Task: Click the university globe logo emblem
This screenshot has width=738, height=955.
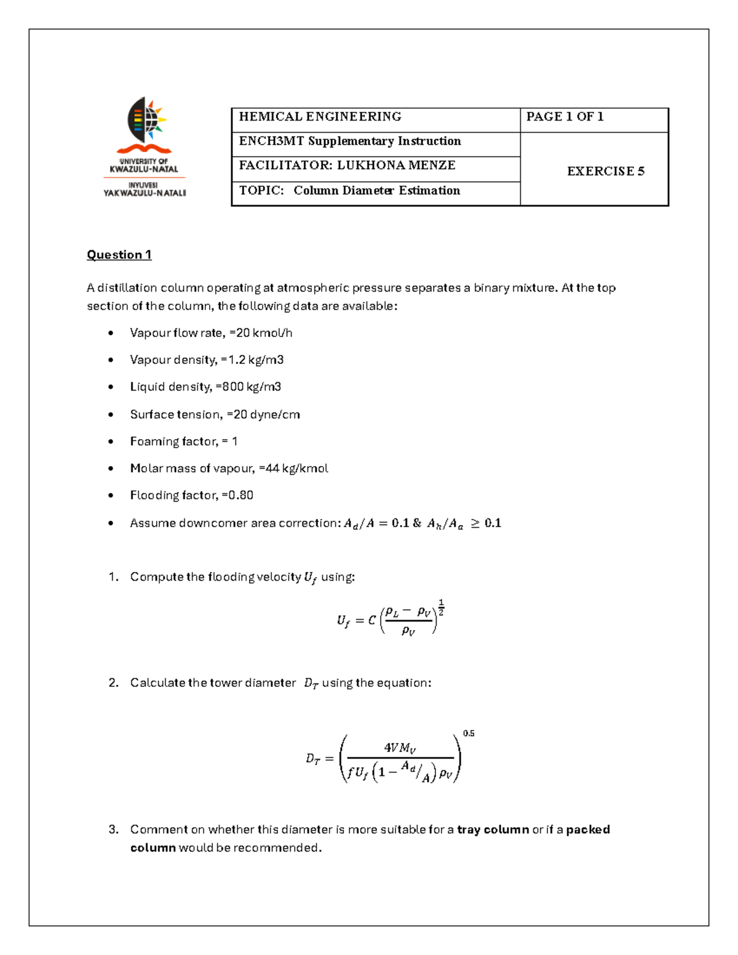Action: click(145, 117)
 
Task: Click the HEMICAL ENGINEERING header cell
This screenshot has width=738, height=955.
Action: click(320, 117)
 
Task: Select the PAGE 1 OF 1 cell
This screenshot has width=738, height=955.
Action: click(565, 117)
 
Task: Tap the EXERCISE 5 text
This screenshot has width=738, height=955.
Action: click(605, 172)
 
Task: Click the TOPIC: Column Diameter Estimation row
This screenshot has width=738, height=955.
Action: click(349, 191)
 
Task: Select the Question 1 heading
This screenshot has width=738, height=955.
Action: click(119, 255)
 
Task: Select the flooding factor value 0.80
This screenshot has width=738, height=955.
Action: click(240, 495)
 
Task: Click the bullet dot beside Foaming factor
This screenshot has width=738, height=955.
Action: click(111, 442)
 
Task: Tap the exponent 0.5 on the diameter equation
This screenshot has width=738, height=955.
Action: click(469, 733)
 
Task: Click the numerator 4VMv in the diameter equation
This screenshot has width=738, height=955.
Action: click(400, 748)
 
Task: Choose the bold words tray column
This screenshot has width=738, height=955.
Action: click(493, 830)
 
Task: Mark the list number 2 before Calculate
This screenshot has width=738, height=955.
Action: click(113, 683)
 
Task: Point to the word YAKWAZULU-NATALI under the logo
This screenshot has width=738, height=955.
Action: click(145, 193)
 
